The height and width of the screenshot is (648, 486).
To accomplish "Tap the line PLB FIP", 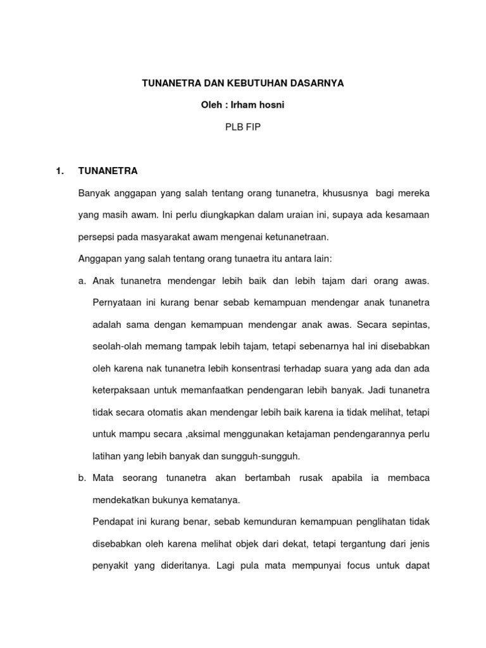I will point(243,127).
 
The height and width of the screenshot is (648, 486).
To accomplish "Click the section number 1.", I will point(60,171).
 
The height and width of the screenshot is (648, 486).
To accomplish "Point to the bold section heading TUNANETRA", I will point(108,171).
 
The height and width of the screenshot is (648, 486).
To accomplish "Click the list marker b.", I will point(82,478).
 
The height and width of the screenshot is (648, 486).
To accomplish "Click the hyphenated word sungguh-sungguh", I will point(266,456).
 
